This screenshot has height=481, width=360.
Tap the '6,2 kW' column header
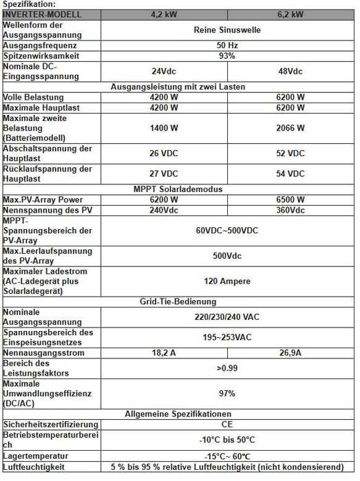click(x=290, y=14)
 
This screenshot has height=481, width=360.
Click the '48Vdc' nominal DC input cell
click(x=290, y=71)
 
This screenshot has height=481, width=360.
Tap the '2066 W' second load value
click(x=290, y=128)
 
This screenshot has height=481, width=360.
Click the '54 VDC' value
click(x=290, y=174)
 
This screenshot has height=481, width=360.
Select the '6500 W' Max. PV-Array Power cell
click(x=290, y=200)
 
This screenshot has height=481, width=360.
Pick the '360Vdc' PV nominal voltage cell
click(x=290, y=210)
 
